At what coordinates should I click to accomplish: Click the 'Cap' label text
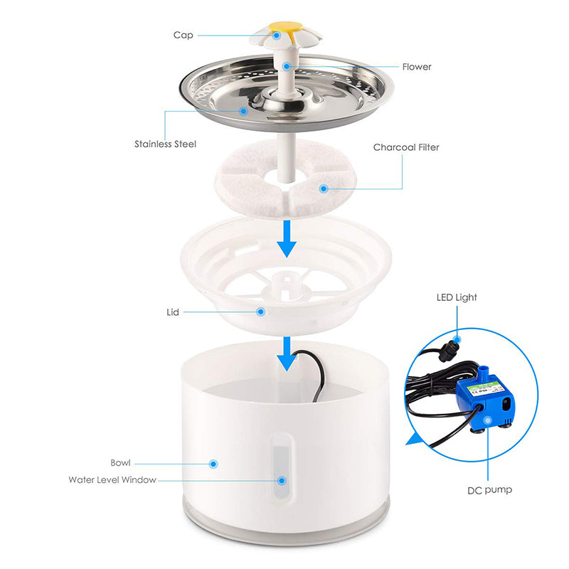coord(182,35)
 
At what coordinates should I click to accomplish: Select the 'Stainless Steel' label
coord(165,144)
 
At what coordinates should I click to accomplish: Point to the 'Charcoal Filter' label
coord(406,147)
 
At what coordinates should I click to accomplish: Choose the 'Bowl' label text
coord(120,462)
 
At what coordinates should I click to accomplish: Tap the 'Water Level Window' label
coord(112,479)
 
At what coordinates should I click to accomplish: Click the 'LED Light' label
coord(457,297)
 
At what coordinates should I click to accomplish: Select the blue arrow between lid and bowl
coord(287,353)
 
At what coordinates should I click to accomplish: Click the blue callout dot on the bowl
coord(212,463)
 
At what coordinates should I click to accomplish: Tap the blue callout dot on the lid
coord(261,312)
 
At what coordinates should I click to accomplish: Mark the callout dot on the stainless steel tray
coord(243,111)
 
